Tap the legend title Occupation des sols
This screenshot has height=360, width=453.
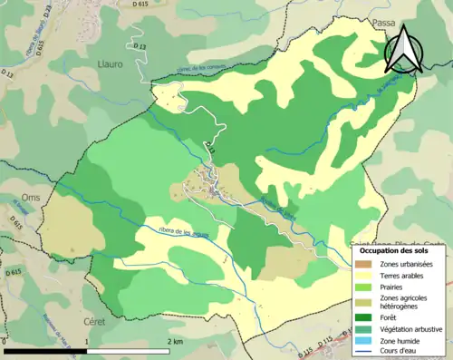coord(400,249)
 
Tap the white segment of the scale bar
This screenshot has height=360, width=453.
coord(128,351)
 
